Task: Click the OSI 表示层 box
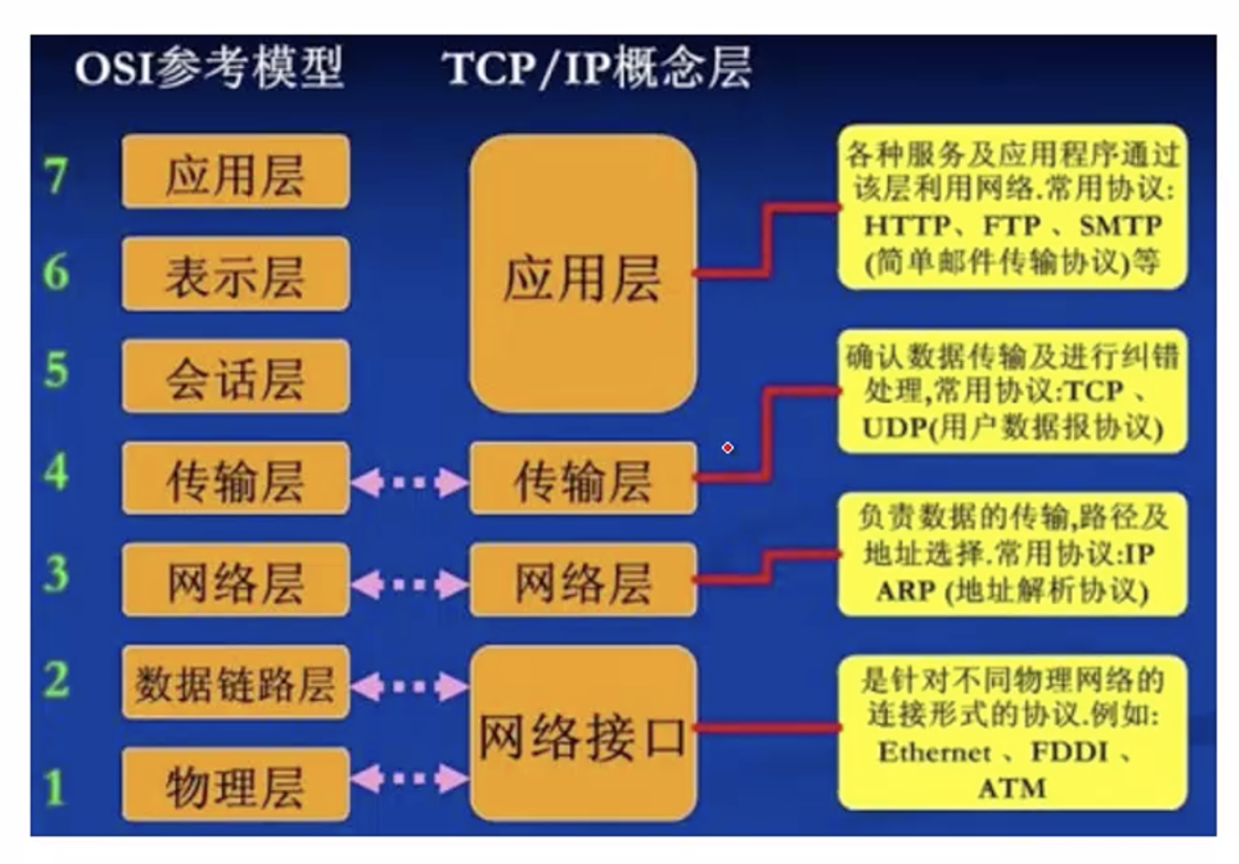click(x=235, y=274)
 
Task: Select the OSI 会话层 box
click(x=235, y=377)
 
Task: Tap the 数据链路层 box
click(x=235, y=683)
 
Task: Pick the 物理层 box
click(x=235, y=785)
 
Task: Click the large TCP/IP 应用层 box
click(x=583, y=274)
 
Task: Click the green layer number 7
click(x=56, y=174)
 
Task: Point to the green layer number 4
click(x=56, y=474)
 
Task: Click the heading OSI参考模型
click(x=210, y=70)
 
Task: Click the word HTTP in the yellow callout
click(x=907, y=227)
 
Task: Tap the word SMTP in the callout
click(x=1120, y=227)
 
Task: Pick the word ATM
click(x=1011, y=787)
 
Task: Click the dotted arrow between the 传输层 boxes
click(x=409, y=482)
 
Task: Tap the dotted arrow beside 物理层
click(x=409, y=778)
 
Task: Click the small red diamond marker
click(x=727, y=448)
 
